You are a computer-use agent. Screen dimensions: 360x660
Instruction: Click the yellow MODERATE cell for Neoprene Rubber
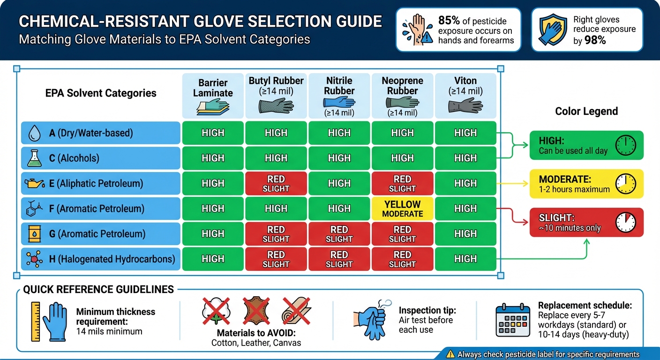point(402,209)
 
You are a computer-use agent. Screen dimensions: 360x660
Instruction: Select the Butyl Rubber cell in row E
point(276,183)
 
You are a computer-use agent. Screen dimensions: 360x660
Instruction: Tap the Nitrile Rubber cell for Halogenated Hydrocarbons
point(339,259)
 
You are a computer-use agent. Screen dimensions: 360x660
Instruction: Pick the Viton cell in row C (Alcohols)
point(465,158)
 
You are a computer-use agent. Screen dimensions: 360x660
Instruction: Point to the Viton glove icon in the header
point(465,105)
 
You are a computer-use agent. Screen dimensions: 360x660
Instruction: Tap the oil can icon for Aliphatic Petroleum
point(35,183)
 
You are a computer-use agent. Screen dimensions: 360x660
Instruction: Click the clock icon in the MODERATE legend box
point(625,183)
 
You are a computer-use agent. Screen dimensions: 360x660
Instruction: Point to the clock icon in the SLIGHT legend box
point(625,222)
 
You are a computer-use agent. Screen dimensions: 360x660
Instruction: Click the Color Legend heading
point(586,111)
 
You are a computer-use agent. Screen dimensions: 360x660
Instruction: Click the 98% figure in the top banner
point(595,40)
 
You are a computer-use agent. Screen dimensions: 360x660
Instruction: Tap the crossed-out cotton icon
point(216,310)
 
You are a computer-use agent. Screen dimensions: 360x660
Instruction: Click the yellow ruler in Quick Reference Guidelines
point(35,321)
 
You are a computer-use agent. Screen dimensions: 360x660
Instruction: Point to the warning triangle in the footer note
point(451,354)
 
